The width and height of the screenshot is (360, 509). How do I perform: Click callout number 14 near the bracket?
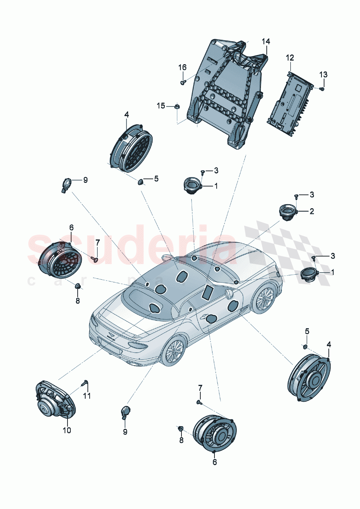pos(266,41)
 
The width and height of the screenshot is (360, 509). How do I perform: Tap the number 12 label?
pos(290,58)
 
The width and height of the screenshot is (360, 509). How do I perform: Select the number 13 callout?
pos(323,74)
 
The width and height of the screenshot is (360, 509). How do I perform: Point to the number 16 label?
pos(182,67)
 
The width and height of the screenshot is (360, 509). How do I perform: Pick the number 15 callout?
pos(161,106)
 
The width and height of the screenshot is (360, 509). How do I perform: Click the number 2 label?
pos(312,211)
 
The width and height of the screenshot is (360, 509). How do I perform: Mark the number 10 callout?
pos(67,430)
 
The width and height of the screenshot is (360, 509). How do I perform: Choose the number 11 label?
pos(87,395)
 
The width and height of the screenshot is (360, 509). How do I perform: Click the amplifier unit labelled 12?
pos(291,103)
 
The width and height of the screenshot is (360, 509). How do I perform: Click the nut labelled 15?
pos(177,106)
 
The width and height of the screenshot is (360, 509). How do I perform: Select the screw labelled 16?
pos(183,83)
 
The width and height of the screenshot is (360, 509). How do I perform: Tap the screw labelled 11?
pos(86,382)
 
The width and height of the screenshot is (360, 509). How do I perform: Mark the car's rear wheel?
pos(172,351)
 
